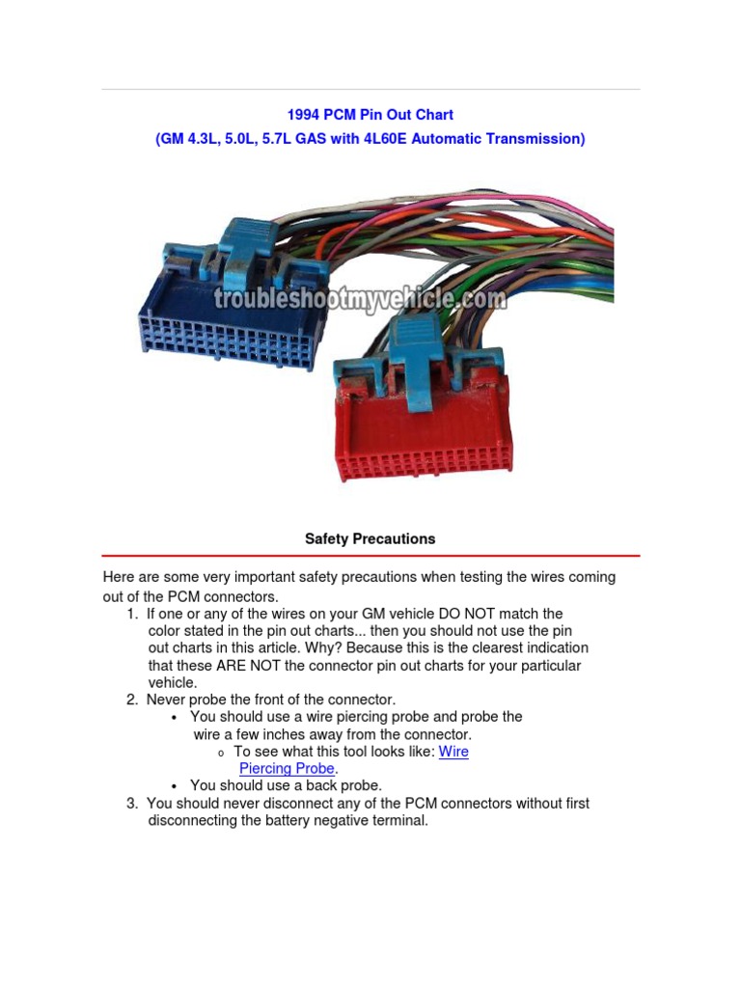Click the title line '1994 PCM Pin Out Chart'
pyautogui.click(x=370, y=115)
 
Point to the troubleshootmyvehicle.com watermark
pyautogui.click(x=359, y=298)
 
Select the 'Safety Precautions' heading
pyautogui.click(x=370, y=539)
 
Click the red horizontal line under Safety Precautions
pyautogui.click(x=370, y=556)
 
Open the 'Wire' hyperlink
pyautogui.click(x=453, y=752)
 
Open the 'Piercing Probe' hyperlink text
pyautogui.click(x=287, y=769)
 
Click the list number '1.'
pyautogui.click(x=132, y=614)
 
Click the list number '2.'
pyautogui.click(x=132, y=700)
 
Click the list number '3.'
pyautogui.click(x=132, y=804)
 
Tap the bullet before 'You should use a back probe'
pyautogui.click(x=175, y=786)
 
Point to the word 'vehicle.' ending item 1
pyautogui.click(x=172, y=683)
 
